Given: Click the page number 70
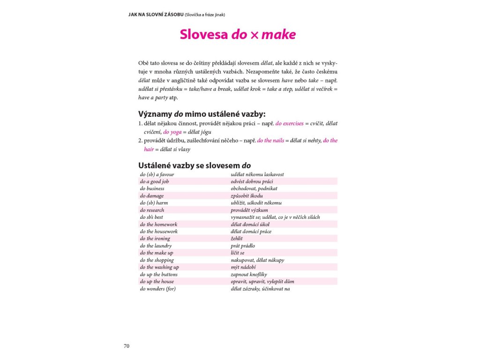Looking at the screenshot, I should (127, 346).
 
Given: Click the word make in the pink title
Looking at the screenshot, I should (279, 35).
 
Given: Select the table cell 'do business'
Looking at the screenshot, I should (152, 188).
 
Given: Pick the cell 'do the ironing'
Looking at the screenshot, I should (155, 239).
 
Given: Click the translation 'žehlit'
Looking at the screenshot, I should (237, 239).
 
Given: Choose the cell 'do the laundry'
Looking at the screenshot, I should (156, 246).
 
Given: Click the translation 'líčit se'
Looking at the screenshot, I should (238, 253).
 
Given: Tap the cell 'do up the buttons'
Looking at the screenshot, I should (159, 274).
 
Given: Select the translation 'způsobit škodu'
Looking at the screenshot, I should (247, 195).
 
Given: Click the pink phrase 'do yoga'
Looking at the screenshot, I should (172, 132).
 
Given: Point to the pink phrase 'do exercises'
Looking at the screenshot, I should (289, 124).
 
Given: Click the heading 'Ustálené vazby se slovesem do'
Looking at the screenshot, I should (195, 165).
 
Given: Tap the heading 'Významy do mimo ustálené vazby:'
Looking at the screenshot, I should (202, 114).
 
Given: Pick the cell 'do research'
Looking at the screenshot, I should (152, 210).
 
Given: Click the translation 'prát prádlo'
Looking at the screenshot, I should (243, 246).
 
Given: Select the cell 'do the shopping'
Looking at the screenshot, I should (157, 260).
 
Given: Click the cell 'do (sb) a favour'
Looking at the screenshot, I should (157, 174).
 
